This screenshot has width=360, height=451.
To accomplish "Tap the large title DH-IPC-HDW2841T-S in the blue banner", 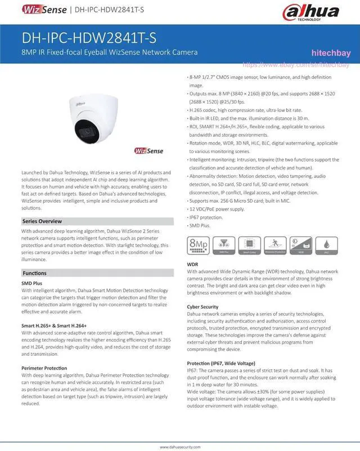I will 89,38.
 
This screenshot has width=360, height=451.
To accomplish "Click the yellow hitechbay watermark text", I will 331,53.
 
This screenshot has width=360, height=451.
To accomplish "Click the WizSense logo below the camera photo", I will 148,151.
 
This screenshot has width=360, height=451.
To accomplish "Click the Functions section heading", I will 34,273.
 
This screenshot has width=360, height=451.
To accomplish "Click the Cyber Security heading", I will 202,307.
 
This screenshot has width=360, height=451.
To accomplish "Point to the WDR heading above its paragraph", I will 193,264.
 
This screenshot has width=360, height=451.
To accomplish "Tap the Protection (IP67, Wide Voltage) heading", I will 220,363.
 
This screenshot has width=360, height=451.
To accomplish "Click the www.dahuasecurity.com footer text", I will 180,446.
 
